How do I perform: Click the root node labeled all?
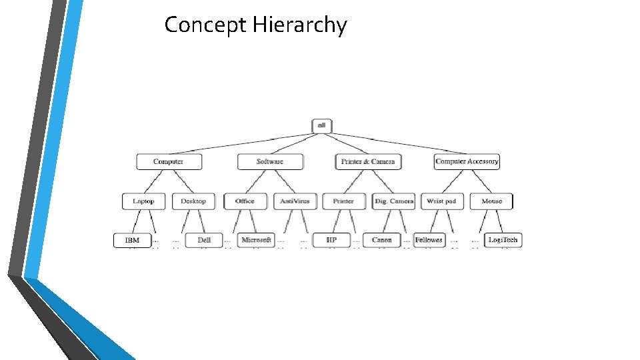[321, 125]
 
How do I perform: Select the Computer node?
[169, 161]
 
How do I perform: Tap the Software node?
[270, 161]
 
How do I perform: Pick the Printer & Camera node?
[368, 161]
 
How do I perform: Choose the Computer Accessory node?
[467, 161]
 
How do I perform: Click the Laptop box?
[143, 201]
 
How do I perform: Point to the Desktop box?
[193, 201]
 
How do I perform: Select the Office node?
[245, 201]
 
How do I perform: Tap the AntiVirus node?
[295, 201]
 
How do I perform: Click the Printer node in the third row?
[344, 201]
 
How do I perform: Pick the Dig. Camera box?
[394, 201]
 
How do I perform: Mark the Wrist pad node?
[441, 201]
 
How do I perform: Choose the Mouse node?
[492, 201]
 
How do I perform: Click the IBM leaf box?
[132, 240]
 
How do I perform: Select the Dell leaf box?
[204, 240]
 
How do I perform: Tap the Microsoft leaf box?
[256, 240]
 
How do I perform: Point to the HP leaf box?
[331, 240]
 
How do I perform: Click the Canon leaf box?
[381, 240]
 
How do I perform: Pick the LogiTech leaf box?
[503, 240]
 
